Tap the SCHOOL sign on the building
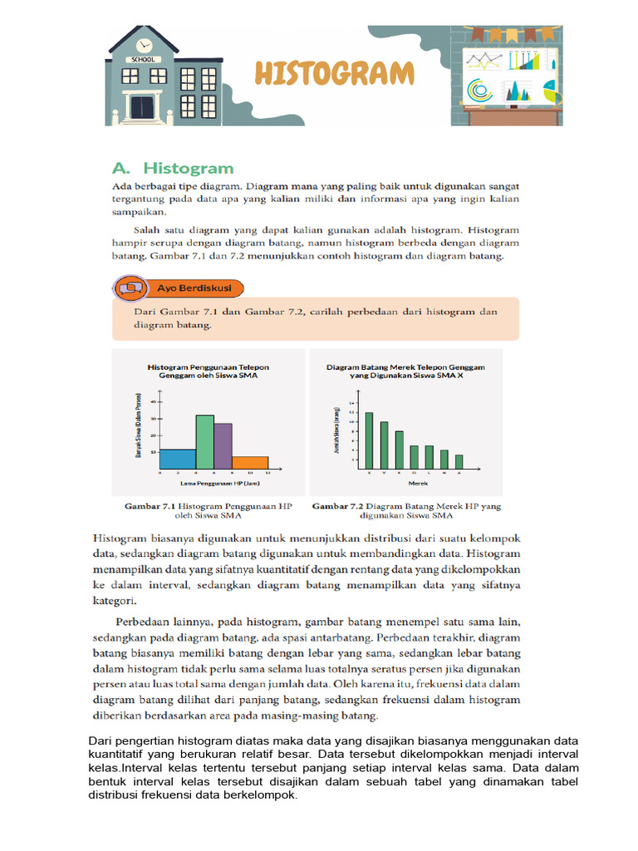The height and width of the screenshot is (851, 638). [x=143, y=60]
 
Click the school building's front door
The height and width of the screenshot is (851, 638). [x=143, y=107]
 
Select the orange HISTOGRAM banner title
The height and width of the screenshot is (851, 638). [x=334, y=73]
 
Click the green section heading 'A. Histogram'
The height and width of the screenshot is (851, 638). [x=172, y=169]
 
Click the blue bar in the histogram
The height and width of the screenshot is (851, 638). [x=177, y=459]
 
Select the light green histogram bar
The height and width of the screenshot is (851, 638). [x=204, y=442]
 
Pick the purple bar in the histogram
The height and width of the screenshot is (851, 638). [x=223, y=446]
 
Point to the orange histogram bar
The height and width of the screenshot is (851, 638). [x=250, y=462]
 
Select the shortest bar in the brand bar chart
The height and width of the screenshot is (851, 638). [x=459, y=461]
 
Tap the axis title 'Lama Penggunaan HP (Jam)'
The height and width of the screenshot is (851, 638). [x=213, y=482]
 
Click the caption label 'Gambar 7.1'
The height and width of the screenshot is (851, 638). [x=151, y=505]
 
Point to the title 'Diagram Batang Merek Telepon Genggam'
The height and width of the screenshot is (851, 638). [x=405, y=366]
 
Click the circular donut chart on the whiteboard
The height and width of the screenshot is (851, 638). [x=478, y=88]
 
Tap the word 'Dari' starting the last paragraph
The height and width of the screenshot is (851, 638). [x=101, y=741]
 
